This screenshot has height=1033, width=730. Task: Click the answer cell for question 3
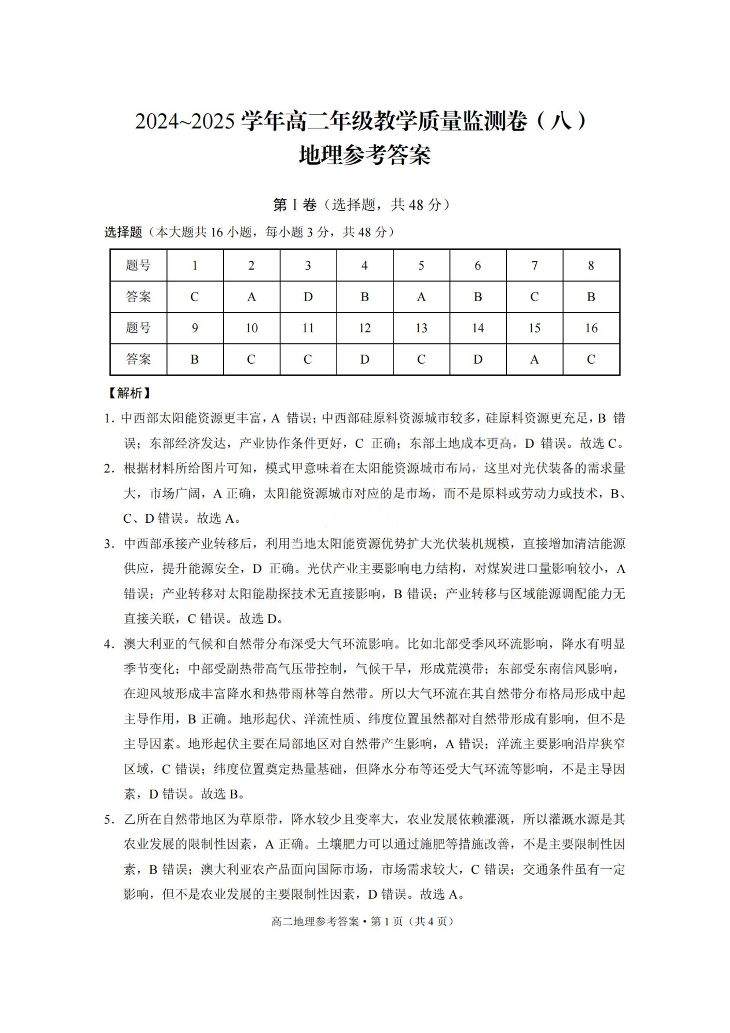(308, 296)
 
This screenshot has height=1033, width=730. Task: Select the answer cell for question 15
(534, 359)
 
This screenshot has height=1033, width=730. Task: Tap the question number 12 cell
(364, 328)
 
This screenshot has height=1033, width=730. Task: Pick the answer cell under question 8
(591, 296)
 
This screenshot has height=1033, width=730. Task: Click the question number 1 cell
(195, 265)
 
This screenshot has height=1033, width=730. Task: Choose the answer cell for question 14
(478, 359)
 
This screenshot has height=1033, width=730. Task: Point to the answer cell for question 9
(195, 359)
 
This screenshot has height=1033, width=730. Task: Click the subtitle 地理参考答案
(364, 155)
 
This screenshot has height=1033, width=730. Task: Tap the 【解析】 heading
(129, 393)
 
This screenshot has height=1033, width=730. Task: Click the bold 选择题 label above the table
(123, 232)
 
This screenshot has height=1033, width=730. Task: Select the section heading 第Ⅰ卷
(294, 205)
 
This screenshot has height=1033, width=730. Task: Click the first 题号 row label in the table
(138, 265)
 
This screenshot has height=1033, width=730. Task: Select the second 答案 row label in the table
(138, 359)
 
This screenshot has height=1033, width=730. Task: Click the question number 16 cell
(591, 328)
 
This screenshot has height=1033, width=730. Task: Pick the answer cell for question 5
(421, 296)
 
